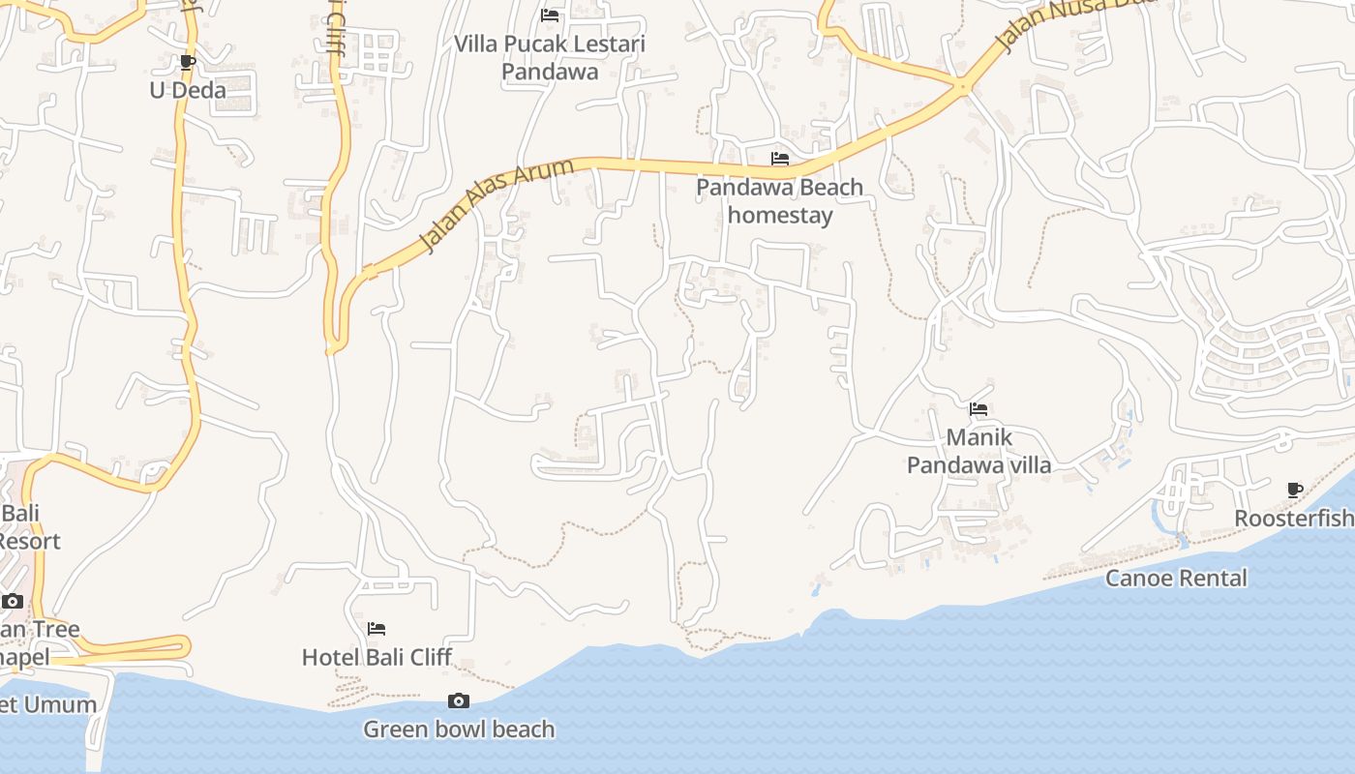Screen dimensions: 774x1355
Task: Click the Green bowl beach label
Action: [459, 729]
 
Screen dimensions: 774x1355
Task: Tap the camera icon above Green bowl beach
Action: [459, 701]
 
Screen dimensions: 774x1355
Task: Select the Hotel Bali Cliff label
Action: [376, 657]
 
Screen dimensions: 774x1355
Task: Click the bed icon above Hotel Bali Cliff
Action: [376, 630]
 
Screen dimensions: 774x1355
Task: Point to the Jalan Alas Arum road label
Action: [496, 206]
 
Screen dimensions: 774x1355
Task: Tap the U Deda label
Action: [188, 90]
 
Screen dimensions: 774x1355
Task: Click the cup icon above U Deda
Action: [188, 63]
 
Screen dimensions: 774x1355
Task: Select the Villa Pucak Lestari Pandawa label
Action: [550, 57]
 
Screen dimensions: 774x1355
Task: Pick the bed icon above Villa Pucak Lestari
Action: [550, 15]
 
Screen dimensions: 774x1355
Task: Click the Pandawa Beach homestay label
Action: [779, 200]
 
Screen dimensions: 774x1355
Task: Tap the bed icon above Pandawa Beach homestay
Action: [779, 159]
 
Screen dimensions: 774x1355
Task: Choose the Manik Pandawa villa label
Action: [979, 451]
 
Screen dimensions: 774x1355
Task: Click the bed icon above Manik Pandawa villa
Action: [979, 409]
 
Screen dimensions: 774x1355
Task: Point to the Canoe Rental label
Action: [1176, 578]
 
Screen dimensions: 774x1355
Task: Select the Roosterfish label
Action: [1294, 519]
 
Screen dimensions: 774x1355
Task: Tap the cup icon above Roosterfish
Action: [1295, 491]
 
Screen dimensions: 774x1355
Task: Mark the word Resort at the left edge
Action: [29, 541]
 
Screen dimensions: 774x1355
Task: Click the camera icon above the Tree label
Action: [13, 602]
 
